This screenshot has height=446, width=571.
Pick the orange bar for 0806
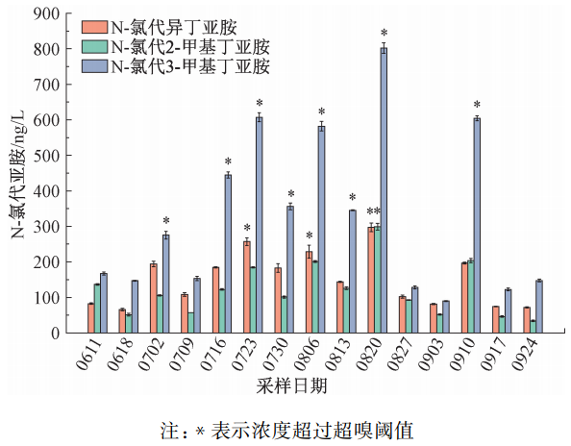[309, 292]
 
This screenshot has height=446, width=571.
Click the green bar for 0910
[469, 296]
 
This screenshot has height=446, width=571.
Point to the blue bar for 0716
[228, 254]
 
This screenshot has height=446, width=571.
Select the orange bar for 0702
[153, 298]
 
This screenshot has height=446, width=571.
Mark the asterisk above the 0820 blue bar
[384, 34]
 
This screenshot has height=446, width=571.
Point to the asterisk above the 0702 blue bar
[165, 221]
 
